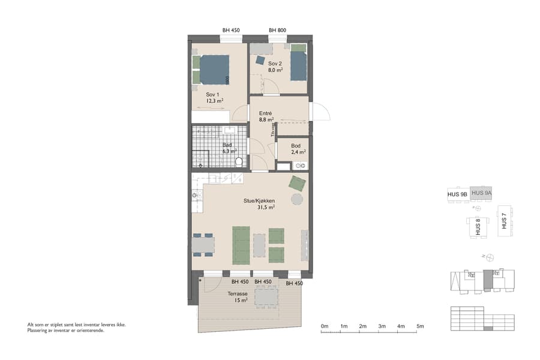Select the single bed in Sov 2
[x=298, y=65]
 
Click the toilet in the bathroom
[x=239, y=161]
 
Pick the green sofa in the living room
[x=241, y=245]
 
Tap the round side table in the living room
[x=297, y=199]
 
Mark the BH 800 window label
[x=277, y=30]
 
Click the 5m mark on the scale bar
[x=421, y=326]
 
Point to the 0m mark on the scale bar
[x=325, y=326]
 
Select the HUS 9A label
[x=482, y=193]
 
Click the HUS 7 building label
[x=505, y=223]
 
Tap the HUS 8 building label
[x=478, y=227]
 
